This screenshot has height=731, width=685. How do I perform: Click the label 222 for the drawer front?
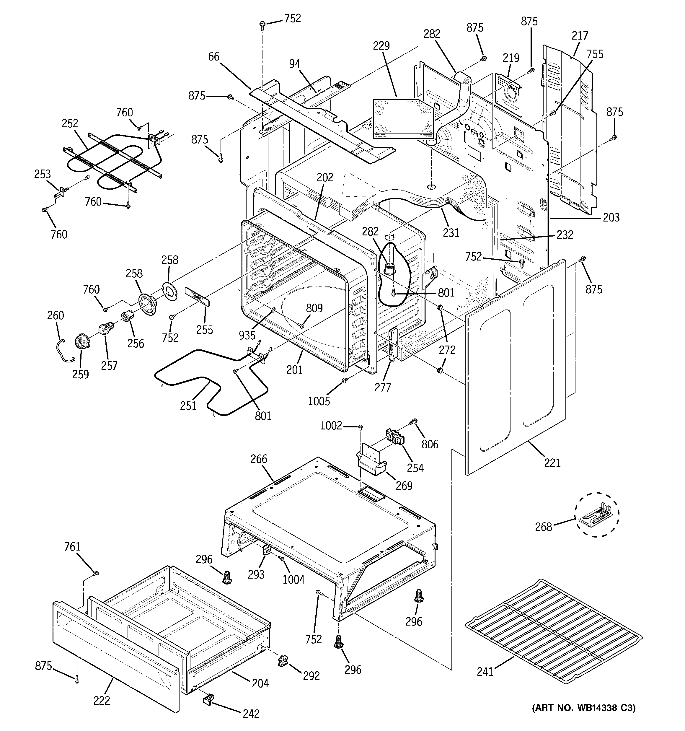coord(102,701)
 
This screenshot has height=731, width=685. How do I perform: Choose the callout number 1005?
coord(319,401)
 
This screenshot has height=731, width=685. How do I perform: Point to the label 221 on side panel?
coord(552,463)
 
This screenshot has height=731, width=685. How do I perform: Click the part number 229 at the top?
coord(381,46)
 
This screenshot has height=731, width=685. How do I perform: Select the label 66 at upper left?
coord(214,56)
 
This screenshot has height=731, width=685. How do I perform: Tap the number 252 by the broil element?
coord(70,123)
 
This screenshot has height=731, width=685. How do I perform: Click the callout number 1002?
coord(331,425)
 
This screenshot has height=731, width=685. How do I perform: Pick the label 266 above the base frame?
coord(259,459)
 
